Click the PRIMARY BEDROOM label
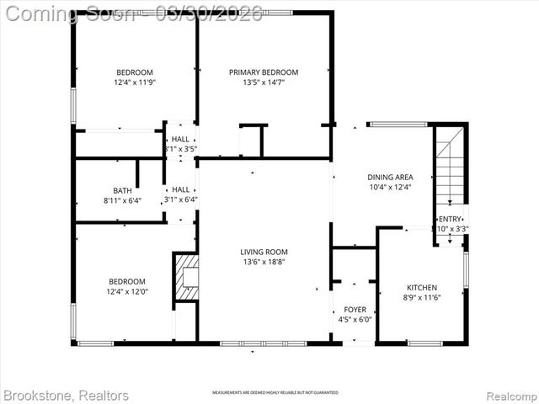click(x=264, y=72)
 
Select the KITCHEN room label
click(x=421, y=287)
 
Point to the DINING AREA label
click(x=390, y=177)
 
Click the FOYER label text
click(x=355, y=310)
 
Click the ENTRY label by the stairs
click(x=451, y=219)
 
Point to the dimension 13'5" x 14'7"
click(x=264, y=82)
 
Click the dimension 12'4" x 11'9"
click(x=136, y=82)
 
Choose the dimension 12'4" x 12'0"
click(x=127, y=291)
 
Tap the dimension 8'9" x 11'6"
click(x=421, y=297)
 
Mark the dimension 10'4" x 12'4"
click(x=390, y=187)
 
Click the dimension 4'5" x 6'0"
click(x=355, y=320)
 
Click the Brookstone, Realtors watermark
click(x=67, y=395)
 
